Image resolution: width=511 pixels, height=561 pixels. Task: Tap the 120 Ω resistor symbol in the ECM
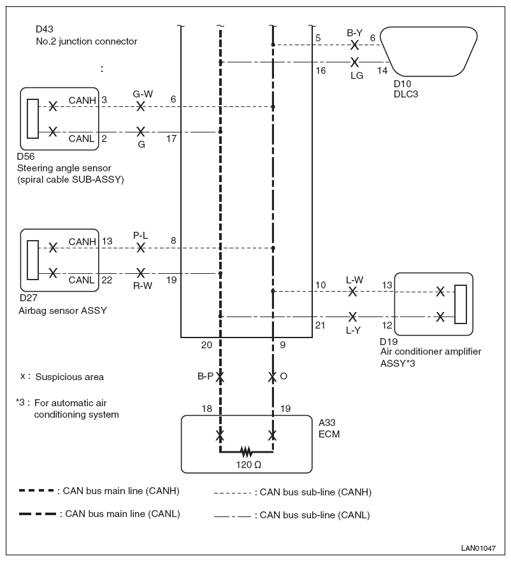pos(246,451)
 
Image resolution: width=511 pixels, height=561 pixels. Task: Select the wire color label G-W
pos(143,94)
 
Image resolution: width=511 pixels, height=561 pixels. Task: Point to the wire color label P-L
pos(140,236)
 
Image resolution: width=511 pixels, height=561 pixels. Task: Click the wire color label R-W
pos(143,285)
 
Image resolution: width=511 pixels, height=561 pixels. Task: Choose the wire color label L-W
pos(354,280)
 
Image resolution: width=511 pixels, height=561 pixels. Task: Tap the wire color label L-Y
pos(353,330)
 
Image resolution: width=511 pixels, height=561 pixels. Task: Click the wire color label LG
pos(357,76)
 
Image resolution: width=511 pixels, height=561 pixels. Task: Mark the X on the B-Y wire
pos(354,45)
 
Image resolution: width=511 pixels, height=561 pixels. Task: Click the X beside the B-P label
pos(220,377)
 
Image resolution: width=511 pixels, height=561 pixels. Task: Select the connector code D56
pos(25,157)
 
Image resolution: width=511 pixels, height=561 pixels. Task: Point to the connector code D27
pos(29,297)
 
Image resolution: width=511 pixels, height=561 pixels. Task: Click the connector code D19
pos(389,341)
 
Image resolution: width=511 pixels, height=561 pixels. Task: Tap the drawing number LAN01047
pos(479,548)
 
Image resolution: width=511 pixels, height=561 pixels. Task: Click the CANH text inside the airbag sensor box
pos(82,242)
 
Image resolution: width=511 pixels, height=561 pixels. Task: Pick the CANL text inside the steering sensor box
pos(82,138)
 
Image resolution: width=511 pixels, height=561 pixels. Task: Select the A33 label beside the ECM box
pos(327,423)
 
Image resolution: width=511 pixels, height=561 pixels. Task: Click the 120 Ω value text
pos(248,465)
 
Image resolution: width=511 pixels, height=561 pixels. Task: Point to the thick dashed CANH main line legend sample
pos(36,490)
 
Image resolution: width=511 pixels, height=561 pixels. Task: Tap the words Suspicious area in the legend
pos(69,377)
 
